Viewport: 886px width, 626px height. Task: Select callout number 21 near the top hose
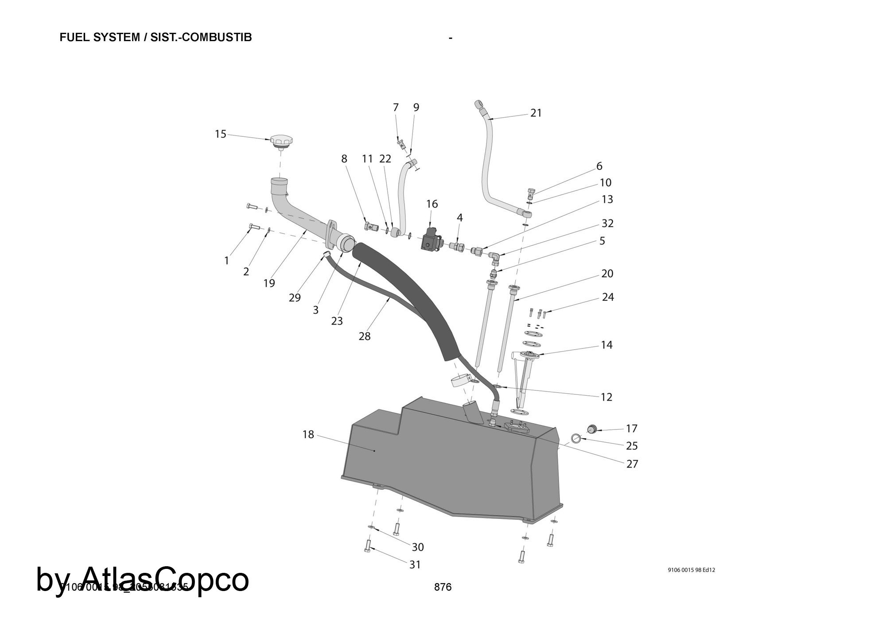[x=536, y=113]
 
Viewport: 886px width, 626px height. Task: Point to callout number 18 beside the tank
[x=308, y=435]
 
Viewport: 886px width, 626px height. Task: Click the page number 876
[x=443, y=587]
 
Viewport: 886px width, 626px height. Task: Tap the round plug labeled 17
[x=592, y=429]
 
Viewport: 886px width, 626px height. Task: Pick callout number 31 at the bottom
[x=415, y=565]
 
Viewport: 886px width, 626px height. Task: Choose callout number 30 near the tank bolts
[x=418, y=547]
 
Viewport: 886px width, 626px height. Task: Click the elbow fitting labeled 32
[x=494, y=256]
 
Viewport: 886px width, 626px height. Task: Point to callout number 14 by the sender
[x=606, y=345]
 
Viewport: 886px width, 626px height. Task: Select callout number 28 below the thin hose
[x=364, y=336]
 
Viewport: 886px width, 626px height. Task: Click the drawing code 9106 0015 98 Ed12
[x=691, y=570]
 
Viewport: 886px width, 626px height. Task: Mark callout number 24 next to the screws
[x=608, y=297]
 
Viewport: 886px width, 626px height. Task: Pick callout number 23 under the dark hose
[x=337, y=321]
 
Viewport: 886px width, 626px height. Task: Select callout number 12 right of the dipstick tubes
[x=606, y=397]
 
